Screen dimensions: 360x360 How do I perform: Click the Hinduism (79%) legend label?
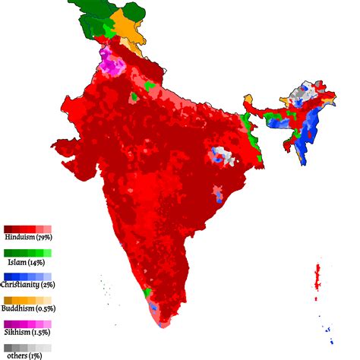29,238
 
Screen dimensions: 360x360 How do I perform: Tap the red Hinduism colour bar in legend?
27,229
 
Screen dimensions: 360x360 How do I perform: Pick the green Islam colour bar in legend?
27,252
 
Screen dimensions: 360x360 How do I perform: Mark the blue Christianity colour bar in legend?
27,276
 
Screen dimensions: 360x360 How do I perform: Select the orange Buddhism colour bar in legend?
27,299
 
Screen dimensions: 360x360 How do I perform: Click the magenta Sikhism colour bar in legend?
27,323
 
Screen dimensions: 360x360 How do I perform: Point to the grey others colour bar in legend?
27,346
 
